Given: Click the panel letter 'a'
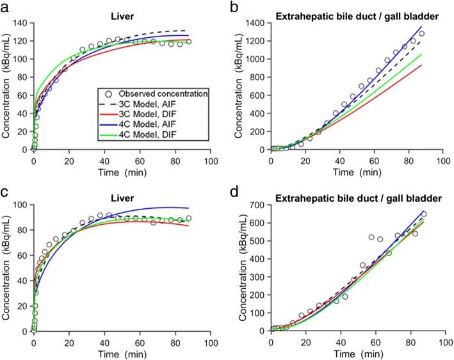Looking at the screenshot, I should (x=6, y=7).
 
